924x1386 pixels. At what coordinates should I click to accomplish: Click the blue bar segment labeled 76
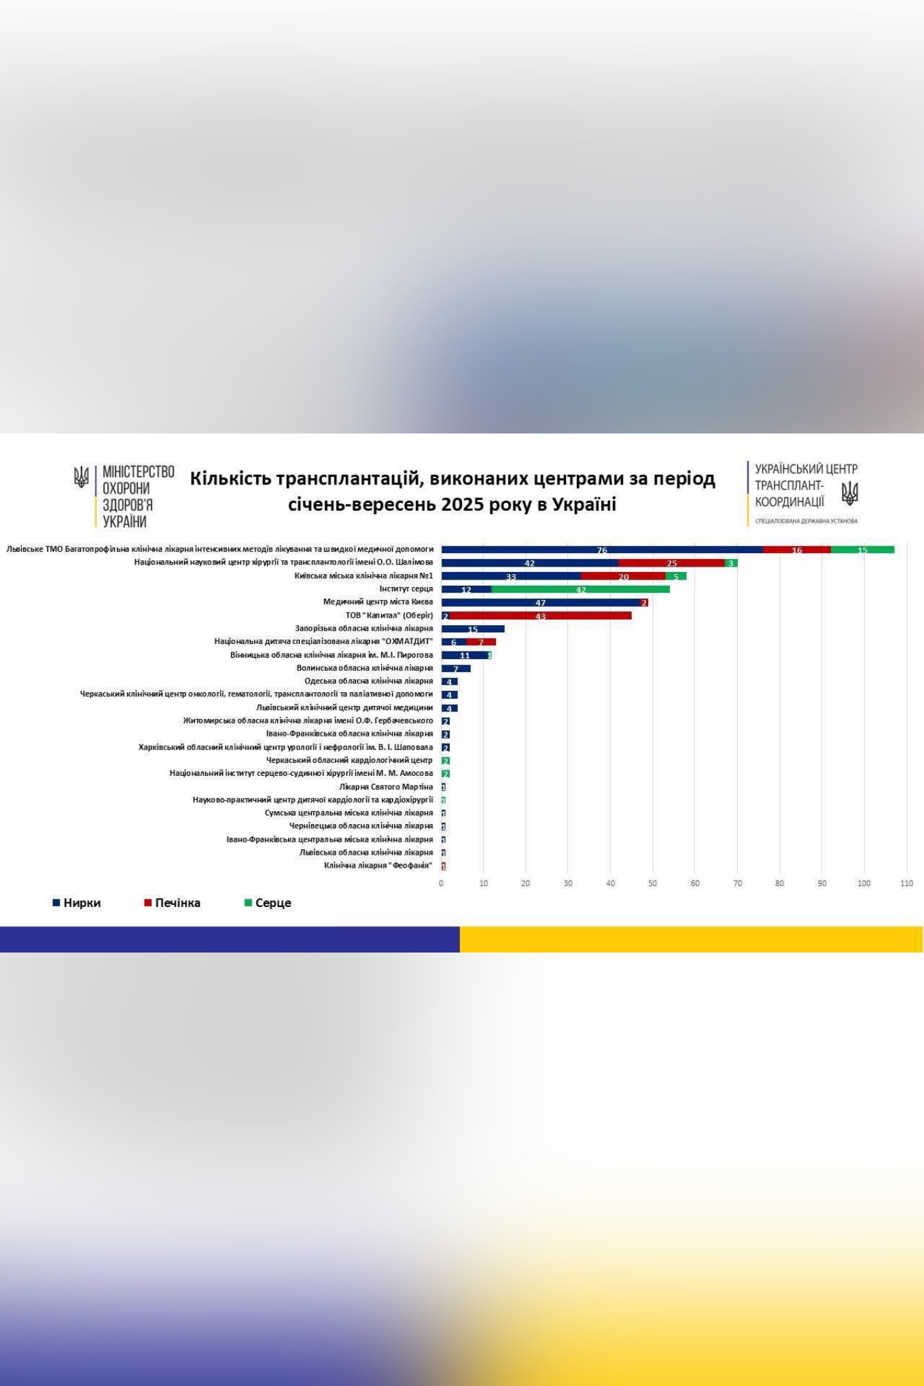point(602,550)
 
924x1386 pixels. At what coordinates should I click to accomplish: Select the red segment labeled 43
point(541,616)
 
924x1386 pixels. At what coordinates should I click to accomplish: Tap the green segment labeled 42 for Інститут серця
point(580,589)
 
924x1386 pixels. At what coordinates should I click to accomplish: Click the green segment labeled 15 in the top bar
point(862,550)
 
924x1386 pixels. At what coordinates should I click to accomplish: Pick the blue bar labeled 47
point(541,603)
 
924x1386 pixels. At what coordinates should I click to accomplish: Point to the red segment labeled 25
point(671,563)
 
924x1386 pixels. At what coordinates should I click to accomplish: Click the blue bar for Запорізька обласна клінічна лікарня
point(473,629)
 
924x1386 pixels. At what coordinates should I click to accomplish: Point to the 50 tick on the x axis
point(652,883)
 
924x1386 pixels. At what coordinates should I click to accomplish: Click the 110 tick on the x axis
point(906,883)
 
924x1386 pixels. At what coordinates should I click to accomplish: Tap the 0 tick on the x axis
point(441,883)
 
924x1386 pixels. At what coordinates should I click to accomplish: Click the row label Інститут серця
point(406,589)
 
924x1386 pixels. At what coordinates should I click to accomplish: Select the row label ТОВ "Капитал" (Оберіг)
point(389,616)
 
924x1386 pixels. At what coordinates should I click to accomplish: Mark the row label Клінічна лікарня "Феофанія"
point(378,866)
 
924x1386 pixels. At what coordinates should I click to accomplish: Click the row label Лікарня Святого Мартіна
point(386,787)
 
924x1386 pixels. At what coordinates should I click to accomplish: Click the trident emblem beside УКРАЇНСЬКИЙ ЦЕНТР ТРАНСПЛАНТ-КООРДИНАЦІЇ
point(849,493)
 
